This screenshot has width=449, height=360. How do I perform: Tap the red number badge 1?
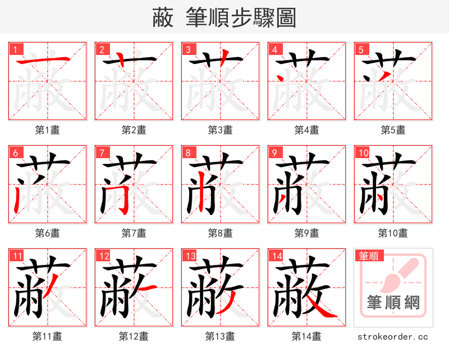(15, 49)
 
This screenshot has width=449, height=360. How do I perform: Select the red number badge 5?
(360, 49)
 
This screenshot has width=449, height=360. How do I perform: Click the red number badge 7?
(101, 153)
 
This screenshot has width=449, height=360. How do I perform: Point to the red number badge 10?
(363, 153)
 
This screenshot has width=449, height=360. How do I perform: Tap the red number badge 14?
(274, 256)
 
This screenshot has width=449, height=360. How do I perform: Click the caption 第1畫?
(48, 130)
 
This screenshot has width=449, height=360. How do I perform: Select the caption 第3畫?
(221, 130)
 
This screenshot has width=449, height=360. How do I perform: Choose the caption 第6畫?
(48, 233)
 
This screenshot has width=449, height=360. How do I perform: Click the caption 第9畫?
(307, 233)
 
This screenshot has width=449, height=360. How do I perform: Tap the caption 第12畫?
(134, 336)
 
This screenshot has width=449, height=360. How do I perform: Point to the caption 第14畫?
(306, 336)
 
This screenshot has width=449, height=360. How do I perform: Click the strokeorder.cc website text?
(393, 336)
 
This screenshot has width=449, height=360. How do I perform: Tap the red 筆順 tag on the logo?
(369, 256)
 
